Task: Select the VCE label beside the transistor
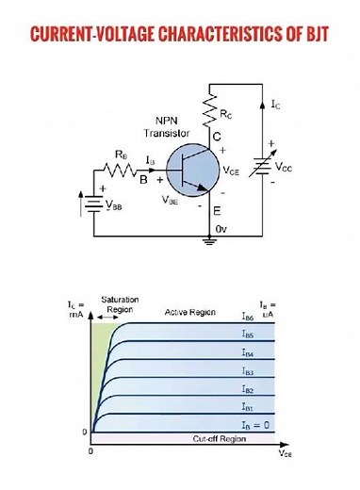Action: (232, 171)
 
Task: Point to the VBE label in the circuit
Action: (171, 200)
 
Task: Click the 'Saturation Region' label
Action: (120, 303)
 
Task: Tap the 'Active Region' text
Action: (190, 311)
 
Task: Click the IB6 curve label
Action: (247, 318)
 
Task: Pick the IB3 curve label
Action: (247, 371)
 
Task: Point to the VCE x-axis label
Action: (285, 453)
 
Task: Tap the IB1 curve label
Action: (247, 407)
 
